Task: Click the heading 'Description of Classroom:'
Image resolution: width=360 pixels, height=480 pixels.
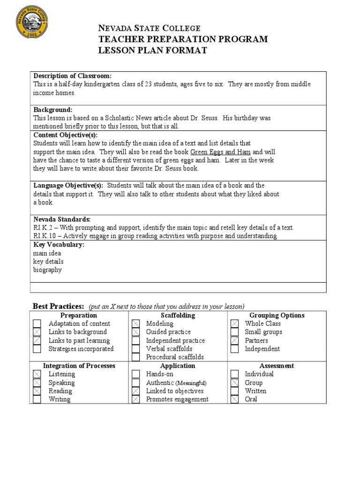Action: click(x=72, y=76)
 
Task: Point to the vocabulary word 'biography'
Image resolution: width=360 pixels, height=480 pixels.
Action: click(x=47, y=270)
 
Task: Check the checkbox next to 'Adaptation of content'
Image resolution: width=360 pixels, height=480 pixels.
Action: click(x=37, y=324)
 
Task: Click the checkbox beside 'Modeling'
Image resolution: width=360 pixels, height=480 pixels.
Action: click(x=135, y=324)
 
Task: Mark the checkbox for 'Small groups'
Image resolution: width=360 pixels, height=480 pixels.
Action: click(x=235, y=332)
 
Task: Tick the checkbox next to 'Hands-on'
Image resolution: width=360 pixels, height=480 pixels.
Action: click(x=135, y=375)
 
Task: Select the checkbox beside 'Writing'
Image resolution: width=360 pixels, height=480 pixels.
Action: click(x=37, y=399)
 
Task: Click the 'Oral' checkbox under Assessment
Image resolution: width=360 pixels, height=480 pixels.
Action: click(x=235, y=399)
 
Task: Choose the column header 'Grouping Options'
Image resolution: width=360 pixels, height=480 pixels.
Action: click(x=277, y=315)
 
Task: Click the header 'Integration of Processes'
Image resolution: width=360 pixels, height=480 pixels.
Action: click(x=79, y=366)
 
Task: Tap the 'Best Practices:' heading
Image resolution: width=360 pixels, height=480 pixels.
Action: click(x=58, y=306)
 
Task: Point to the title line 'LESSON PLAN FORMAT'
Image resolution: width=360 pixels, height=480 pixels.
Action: click(x=152, y=50)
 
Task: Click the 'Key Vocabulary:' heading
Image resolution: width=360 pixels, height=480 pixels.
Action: click(x=59, y=245)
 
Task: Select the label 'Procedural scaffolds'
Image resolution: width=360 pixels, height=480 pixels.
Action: click(x=175, y=357)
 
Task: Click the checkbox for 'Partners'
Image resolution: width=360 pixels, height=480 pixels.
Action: click(x=235, y=341)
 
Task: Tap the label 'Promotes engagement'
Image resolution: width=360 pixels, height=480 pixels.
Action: click(x=177, y=399)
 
